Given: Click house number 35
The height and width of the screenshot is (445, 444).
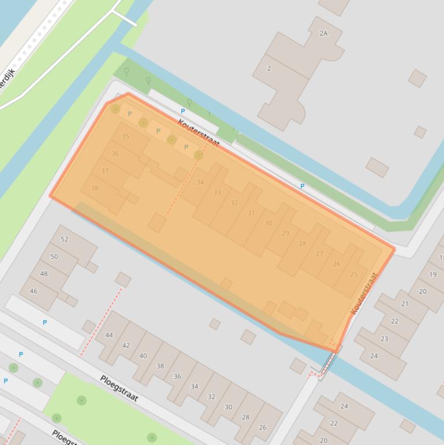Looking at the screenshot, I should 125,136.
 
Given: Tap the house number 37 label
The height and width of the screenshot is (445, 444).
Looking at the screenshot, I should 105,171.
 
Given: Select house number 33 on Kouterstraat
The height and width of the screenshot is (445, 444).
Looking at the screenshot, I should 217,192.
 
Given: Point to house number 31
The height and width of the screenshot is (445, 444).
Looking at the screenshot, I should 251,213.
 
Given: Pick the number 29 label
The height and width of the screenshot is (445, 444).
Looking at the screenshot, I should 285,233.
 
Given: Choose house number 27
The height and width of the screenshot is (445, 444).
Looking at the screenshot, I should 319,254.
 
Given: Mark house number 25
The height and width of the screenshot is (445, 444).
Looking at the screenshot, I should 354,275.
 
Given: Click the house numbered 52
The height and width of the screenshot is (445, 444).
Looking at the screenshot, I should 64,239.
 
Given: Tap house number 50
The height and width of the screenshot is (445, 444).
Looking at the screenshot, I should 54,257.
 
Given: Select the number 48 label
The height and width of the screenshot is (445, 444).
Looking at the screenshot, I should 44,274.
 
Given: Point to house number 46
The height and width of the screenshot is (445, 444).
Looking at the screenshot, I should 33,291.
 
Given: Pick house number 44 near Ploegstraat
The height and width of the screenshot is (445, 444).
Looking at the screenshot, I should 109,335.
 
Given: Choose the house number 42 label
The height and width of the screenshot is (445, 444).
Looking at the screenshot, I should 126,346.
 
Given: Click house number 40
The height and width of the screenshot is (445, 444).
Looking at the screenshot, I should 143,356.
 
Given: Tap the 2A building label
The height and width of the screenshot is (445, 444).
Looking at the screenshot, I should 323,34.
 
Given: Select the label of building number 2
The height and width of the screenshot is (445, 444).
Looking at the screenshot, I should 269,69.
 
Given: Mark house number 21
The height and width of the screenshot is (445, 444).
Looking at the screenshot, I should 405,304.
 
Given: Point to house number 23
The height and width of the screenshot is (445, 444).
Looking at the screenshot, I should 385,339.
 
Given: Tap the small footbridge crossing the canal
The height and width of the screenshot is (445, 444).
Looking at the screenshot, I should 328,363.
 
